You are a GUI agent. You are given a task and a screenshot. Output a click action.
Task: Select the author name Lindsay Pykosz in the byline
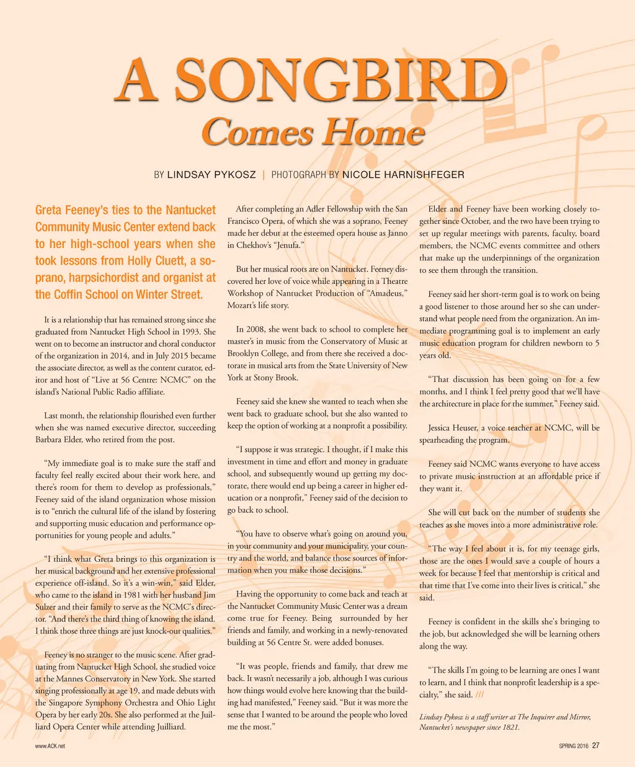[x=211, y=175]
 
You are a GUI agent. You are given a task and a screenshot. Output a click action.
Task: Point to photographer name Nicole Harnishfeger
[x=403, y=175]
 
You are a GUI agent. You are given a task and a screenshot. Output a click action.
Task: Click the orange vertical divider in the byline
[x=264, y=175]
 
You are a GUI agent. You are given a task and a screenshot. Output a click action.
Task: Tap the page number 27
[x=595, y=746]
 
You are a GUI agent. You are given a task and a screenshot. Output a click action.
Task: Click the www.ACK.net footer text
[x=50, y=747]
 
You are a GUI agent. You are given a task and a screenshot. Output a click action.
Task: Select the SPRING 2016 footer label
[x=574, y=747]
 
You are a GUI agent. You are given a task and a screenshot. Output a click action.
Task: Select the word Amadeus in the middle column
[x=387, y=293]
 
